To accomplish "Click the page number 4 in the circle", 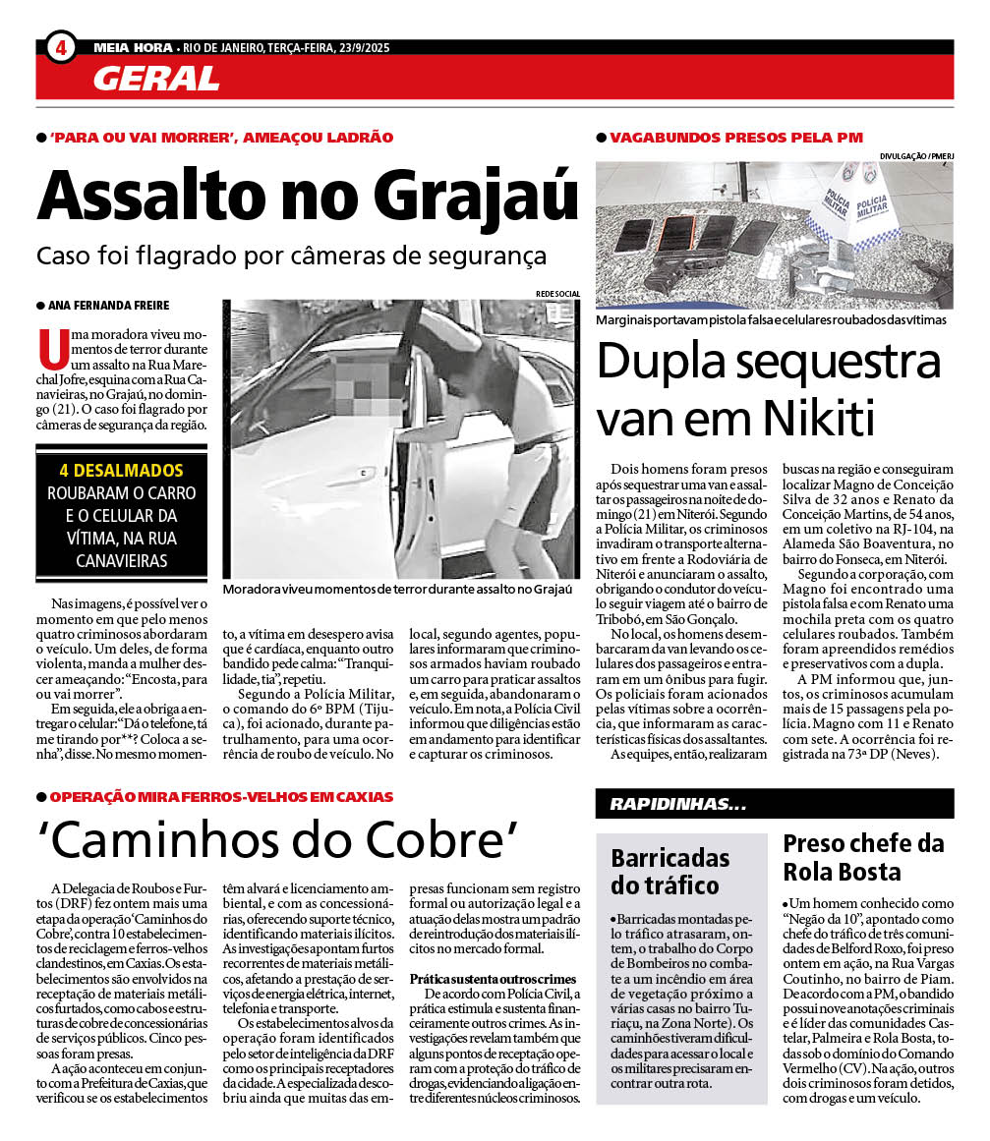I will tap(61, 46).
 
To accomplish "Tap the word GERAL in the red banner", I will tap(156, 78).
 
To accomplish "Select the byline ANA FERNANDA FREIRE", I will tap(108, 306).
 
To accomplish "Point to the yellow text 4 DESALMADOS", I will tap(121, 471).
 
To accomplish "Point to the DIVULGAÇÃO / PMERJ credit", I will tap(916, 155).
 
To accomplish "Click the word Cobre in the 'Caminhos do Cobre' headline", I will tap(435, 840).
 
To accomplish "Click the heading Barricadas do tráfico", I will tap(670, 871).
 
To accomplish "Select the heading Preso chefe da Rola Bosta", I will tap(863, 857).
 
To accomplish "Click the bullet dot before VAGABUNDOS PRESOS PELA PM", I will tap(602, 138).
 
